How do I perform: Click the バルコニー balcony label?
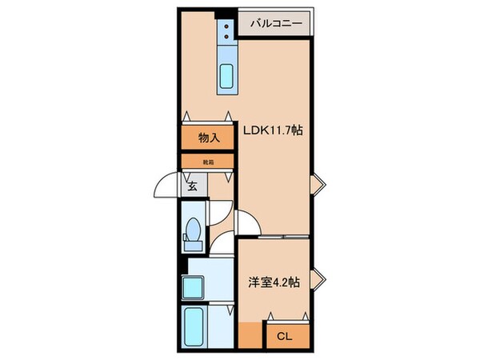[276, 24]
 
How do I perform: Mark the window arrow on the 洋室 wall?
[318, 278]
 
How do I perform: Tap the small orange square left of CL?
[249, 335]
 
